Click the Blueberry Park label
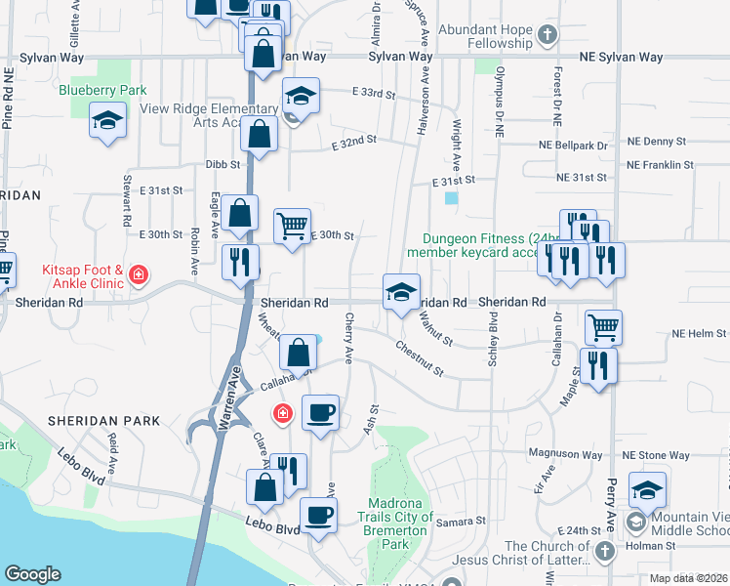point(101,91)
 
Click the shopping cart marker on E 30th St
point(293,227)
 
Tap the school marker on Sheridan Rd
point(400,292)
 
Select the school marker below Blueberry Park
point(107,122)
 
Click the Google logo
point(32,574)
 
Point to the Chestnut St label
point(420,358)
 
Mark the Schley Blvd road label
point(493,341)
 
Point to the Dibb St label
point(222,164)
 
